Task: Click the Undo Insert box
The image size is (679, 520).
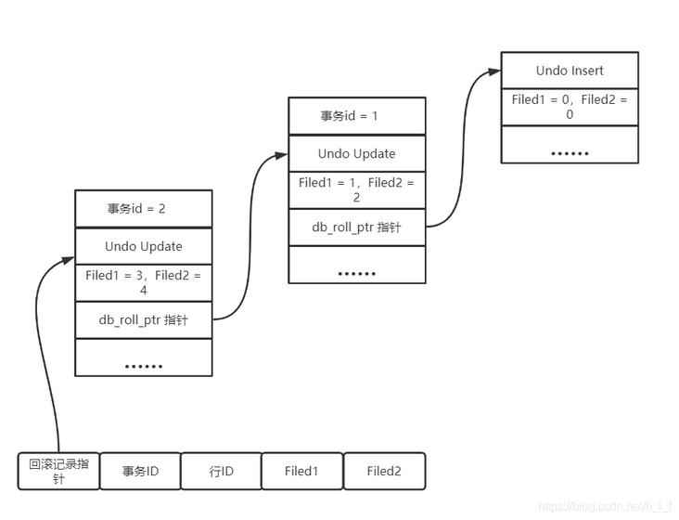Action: [x=570, y=71]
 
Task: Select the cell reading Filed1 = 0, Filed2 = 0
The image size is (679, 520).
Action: [x=570, y=107]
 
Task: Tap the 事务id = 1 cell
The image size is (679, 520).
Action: [x=357, y=116]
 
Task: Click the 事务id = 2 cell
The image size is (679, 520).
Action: [x=144, y=209]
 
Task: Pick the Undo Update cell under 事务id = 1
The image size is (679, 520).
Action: [x=357, y=154]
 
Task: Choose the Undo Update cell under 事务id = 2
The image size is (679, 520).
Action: [x=144, y=246]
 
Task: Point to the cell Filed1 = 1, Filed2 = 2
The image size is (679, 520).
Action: [x=357, y=190]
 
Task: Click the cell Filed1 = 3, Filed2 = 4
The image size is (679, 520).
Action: [x=144, y=283]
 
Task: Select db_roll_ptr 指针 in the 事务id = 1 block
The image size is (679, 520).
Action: [x=357, y=227]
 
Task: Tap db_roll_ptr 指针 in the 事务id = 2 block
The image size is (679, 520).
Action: [x=144, y=320]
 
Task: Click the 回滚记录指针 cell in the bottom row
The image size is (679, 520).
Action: [x=58, y=471]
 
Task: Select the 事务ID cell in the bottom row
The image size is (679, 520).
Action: [x=140, y=471]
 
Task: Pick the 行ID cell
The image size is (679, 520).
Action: [x=221, y=471]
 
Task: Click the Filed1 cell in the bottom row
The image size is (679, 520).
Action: [x=301, y=471]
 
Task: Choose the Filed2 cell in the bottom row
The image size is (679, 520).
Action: [x=384, y=471]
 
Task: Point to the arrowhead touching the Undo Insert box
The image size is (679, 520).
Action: [x=494, y=71]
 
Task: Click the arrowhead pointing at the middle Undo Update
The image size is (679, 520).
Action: [x=282, y=155]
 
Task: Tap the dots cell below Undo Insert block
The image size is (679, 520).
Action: [x=570, y=151]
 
